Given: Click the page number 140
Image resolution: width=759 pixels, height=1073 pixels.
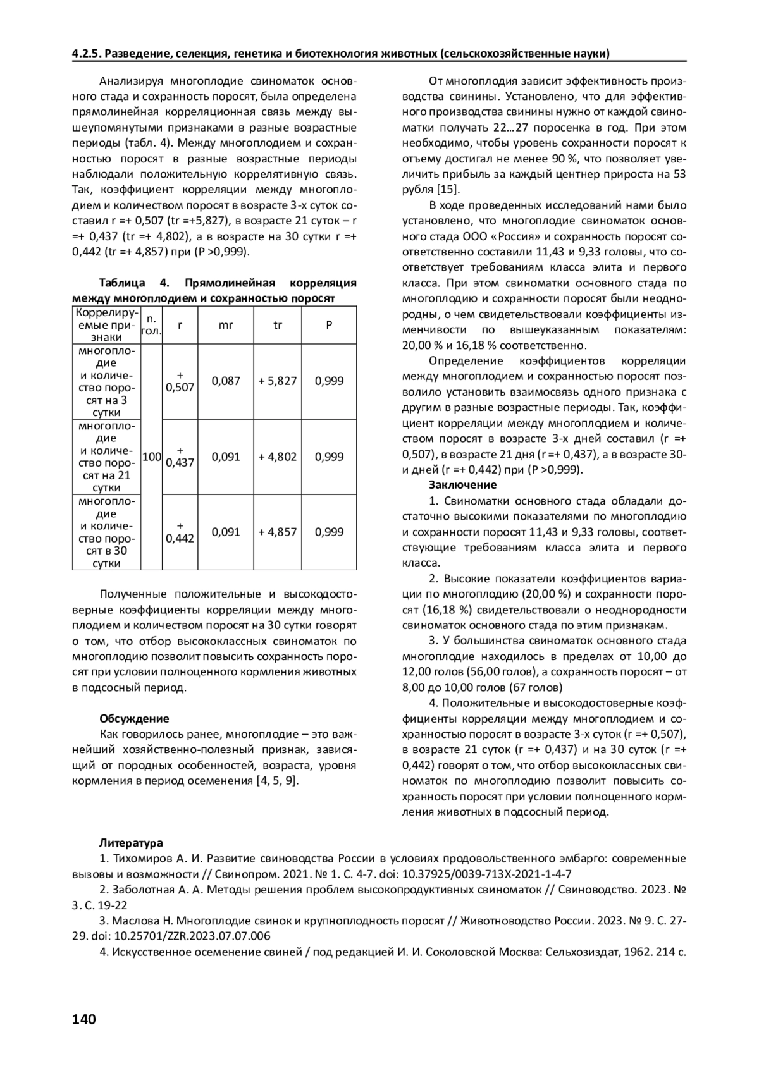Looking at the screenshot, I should coord(84,1019).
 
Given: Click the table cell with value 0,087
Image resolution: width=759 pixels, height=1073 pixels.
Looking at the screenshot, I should coord(226,381).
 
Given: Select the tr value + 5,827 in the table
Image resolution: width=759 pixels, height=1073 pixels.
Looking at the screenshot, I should coord(278,381).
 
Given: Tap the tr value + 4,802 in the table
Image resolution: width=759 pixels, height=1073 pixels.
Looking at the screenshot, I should coord(278,457).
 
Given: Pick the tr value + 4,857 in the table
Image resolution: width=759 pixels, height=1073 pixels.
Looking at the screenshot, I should coord(278,532).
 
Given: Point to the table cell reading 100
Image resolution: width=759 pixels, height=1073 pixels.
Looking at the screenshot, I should coord(152,457).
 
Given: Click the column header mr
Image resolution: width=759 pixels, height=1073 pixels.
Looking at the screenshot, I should coord(226,325).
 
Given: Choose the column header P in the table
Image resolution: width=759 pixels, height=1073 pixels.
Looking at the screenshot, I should coord(329,325).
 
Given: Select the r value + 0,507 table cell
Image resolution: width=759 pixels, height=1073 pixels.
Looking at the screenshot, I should coord(180,381).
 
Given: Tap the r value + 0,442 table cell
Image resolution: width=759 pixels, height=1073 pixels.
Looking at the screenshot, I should coord(180,532).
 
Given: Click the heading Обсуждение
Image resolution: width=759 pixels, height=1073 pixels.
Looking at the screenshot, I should coord(134,719).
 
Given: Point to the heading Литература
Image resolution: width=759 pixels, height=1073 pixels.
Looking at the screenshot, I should coord(131,843).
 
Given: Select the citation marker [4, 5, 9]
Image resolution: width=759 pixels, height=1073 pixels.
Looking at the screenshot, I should coord(276,781).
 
